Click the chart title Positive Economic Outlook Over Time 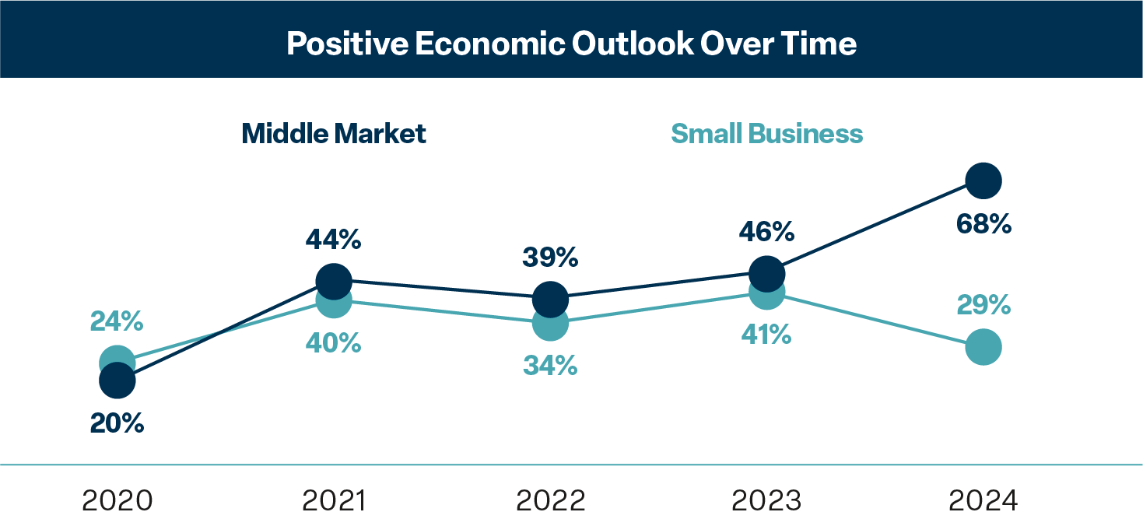[571, 44]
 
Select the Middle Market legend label [334, 134]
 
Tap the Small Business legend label [766, 134]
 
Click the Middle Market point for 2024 [983, 181]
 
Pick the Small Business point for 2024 [983, 347]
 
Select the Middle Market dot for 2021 [334, 280]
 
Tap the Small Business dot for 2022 [550, 322]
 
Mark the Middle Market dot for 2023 [767, 272]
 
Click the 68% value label [983, 225]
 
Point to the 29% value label [983, 305]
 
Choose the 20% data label [117, 423]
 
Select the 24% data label [117, 321]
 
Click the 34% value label [550, 365]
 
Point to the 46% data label [767, 232]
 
